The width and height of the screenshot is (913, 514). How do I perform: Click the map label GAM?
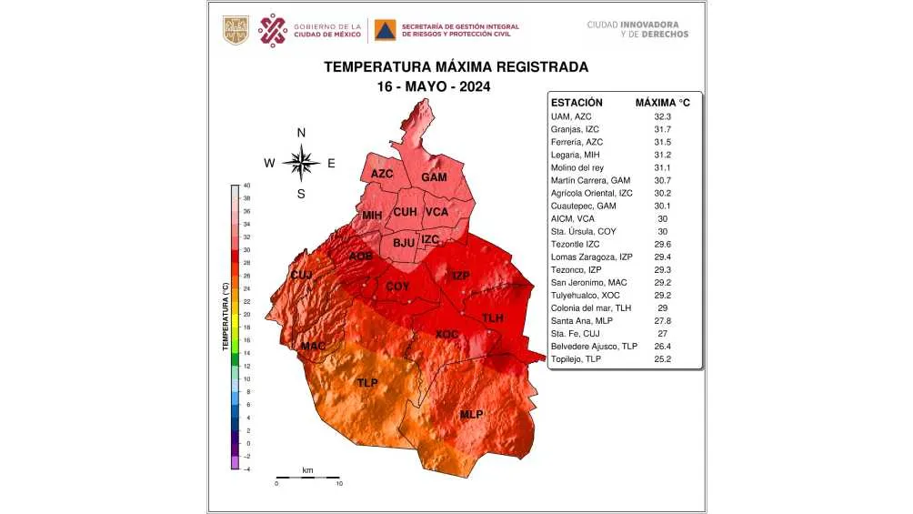click(434, 177)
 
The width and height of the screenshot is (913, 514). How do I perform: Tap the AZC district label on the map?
click(383, 173)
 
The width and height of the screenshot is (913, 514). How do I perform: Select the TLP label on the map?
click(367, 383)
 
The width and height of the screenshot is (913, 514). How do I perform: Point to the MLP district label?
click(471, 415)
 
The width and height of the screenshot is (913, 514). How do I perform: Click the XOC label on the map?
click(446, 335)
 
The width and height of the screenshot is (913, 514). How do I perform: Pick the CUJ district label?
click(301, 275)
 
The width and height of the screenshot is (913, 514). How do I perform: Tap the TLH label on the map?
click(492, 318)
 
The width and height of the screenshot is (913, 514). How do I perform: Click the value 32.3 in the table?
click(662, 117)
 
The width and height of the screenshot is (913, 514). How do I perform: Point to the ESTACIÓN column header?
click(580, 103)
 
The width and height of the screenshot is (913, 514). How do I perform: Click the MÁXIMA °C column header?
click(662, 103)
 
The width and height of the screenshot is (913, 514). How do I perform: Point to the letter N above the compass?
click(301, 133)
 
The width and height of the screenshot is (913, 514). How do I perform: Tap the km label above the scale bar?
click(307, 470)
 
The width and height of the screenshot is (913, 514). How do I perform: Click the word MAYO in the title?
click(432, 87)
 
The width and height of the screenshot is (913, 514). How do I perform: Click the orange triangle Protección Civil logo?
click(386, 31)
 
